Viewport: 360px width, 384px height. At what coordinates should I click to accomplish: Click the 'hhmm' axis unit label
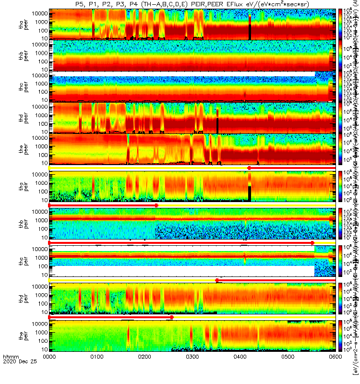[10, 372]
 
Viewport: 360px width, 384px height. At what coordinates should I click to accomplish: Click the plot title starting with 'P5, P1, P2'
[192, 4]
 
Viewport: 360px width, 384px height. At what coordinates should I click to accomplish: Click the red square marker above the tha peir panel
[249, 168]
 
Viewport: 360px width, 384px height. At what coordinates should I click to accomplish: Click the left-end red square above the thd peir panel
[217, 280]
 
